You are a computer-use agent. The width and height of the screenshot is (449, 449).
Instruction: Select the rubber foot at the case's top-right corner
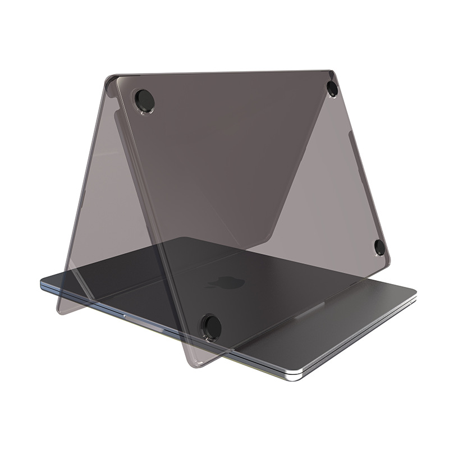(332, 88)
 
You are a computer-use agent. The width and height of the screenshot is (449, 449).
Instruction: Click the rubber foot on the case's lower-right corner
(380, 247)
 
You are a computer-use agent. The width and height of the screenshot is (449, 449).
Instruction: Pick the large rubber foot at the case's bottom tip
(212, 326)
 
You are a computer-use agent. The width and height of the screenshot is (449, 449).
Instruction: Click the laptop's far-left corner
(43, 283)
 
